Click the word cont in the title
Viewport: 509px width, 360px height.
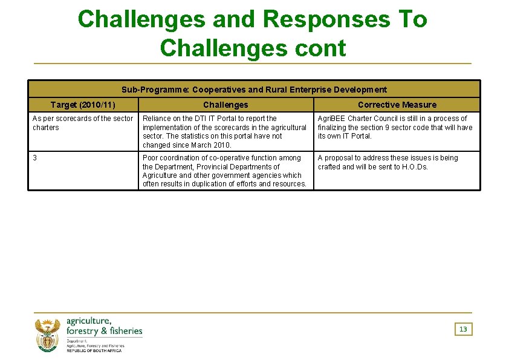[x=319, y=47]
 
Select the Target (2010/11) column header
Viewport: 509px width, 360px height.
[x=83, y=105]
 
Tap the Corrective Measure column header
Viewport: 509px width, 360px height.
[x=397, y=105]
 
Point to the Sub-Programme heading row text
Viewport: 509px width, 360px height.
[x=254, y=90]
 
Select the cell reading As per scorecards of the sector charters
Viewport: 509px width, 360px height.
[x=82, y=123]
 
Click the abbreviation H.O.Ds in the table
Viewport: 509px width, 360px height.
[x=414, y=167]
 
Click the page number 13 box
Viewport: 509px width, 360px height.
[x=463, y=329]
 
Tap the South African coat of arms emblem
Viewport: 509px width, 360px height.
[x=48, y=336]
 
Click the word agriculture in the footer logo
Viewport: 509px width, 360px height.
[x=88, y=321]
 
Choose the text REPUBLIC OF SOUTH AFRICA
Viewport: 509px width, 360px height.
[x=94, y=351]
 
